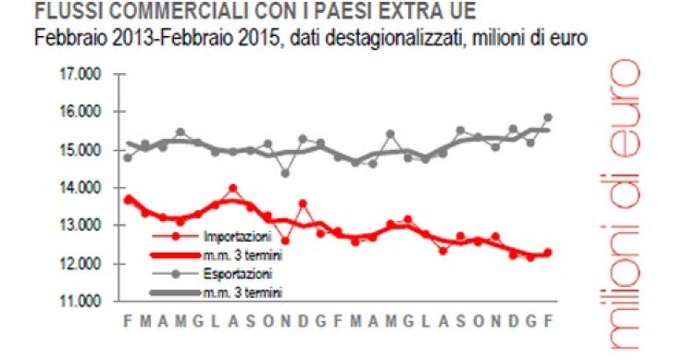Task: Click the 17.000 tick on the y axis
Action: pos(79,74)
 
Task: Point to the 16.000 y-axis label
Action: pos(79,112)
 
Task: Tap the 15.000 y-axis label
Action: pos(79,150)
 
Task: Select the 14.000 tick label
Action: pos(79,188)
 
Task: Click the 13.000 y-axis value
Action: pos(79,226)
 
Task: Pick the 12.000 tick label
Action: pos(79,264)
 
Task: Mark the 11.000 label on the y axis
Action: pos(79,302)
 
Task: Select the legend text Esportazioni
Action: pos(232,275)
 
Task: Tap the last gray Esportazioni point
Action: pos(548,118)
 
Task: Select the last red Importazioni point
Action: pos(548,253)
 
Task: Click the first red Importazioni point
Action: pos(128,198)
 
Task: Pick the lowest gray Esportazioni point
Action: pos(285,173)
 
